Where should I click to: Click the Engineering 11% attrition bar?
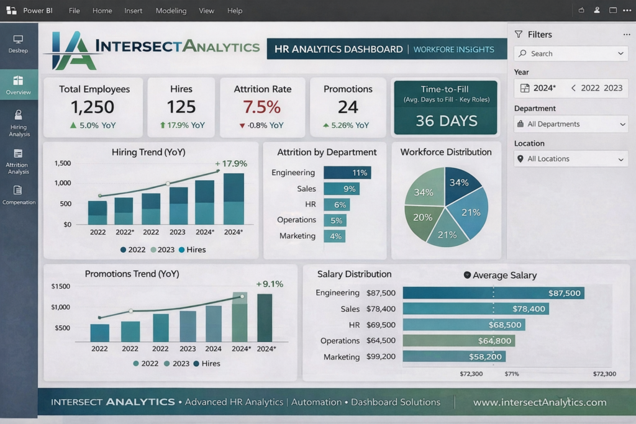(x=347, y=173)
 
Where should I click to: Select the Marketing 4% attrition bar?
(x=335, y=236)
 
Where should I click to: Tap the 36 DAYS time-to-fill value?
(x=446, y=121)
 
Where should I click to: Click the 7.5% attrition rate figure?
(x=261, y=107)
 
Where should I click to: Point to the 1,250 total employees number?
(x=93, y=107)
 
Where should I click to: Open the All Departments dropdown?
(x=571, y=124)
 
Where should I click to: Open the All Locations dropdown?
(x=571, y=159)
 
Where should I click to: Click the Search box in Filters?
(x=571, y=53)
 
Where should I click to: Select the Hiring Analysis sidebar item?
(x=19, y=124)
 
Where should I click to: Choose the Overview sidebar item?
(x=19, y=84)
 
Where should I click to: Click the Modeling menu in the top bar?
(x=171, y=11)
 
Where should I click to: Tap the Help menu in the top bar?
(x=234, y=11)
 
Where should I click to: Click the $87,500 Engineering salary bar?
(x=494, y=293)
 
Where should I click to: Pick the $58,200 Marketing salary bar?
(x=454, y=357)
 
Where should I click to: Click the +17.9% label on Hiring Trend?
(x=231, y=163)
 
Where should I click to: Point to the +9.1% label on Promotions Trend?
(x=270, y=284)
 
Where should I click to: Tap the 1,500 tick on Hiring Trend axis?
(x=63, y=163)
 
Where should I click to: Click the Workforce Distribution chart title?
(x=446, y=152)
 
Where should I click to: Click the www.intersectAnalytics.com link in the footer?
(x=540, y=402)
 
